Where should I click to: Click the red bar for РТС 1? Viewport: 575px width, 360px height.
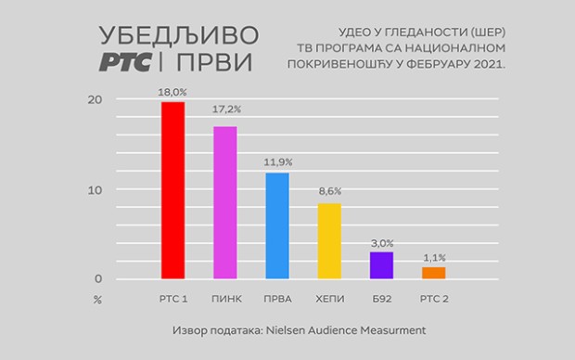tap(172, 190)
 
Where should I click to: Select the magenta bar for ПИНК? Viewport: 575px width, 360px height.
tap(225, 202)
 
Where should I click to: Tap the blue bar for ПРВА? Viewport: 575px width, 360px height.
tap(277, 225)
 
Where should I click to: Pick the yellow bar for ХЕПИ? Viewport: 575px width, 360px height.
tap(329, 241)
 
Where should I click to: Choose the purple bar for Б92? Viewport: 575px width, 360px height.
tap(381, 265)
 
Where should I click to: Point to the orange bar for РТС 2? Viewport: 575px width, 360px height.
tap(433, 273)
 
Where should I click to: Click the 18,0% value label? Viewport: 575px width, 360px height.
tap(172, 92)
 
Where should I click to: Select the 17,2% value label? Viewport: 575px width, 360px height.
tap(225, 116)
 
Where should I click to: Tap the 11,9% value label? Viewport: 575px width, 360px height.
tap(277, 163)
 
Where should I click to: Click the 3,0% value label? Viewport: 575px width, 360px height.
tap(381, 243)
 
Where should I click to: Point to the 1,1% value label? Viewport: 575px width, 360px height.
tap(433, 258)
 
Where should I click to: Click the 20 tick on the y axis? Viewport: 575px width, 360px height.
tap(96, 100)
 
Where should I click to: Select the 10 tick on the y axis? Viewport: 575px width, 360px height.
tap(96, 190)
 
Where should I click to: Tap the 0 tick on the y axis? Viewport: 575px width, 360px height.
tap(96, 279)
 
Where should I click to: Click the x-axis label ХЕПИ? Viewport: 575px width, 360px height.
tap(329, 299)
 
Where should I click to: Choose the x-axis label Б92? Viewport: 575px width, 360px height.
tap(381, 299)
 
